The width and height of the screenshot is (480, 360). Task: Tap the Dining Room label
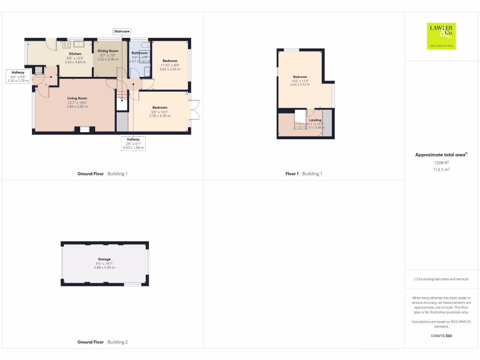coord(108,51)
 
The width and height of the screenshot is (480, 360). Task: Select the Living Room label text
coord(77,98)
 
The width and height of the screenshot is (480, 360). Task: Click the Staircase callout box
coord(121,31)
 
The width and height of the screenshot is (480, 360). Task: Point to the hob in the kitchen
coord(66,45)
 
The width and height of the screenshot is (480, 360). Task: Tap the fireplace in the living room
coord(85,129)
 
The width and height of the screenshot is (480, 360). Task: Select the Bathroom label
coord(140,53)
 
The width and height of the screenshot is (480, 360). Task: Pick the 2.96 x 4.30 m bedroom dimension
coord(159,116)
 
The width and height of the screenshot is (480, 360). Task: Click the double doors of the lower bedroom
coord(195,111)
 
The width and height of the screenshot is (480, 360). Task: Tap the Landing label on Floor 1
coord(315,120)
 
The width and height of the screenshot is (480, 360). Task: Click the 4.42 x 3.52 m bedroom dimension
coord(300,85)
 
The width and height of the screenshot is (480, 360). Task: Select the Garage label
coord(104,259)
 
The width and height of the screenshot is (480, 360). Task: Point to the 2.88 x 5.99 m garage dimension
coord(104,267)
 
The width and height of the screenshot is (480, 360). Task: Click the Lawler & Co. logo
coord(441,36)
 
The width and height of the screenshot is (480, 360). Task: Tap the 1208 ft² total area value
coord(441,163)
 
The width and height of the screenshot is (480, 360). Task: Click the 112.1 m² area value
coord(441,170)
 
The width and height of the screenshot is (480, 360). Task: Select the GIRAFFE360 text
coord(441,336)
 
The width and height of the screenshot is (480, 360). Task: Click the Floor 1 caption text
coord(292,174)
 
